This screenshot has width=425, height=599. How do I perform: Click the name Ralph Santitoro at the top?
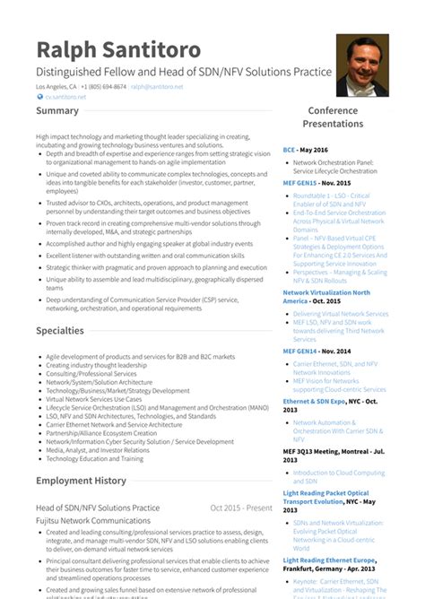[x=118, y=49]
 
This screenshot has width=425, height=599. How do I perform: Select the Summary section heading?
[x=57, y=111]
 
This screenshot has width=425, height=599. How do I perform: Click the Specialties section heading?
[x=60, y=331]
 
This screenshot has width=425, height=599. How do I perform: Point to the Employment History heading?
[x=81, y=481]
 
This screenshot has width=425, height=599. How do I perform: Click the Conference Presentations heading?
[x=334, y=117]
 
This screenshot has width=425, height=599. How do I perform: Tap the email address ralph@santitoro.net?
[x=158, y=87]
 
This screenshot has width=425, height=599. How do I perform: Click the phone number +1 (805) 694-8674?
[x=104, y=87]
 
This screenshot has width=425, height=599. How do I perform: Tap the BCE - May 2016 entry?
[x=305, y=150]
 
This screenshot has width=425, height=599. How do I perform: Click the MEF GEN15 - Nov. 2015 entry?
[x=317, y=182]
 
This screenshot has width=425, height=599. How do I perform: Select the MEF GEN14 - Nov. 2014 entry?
[x=317, y=352]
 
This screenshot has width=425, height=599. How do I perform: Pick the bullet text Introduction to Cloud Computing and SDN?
[x=339, y=476]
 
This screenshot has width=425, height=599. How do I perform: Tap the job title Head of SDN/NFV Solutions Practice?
[x=98, y=508]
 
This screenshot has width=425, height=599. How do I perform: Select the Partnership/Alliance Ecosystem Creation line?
[x=101, y=432]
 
